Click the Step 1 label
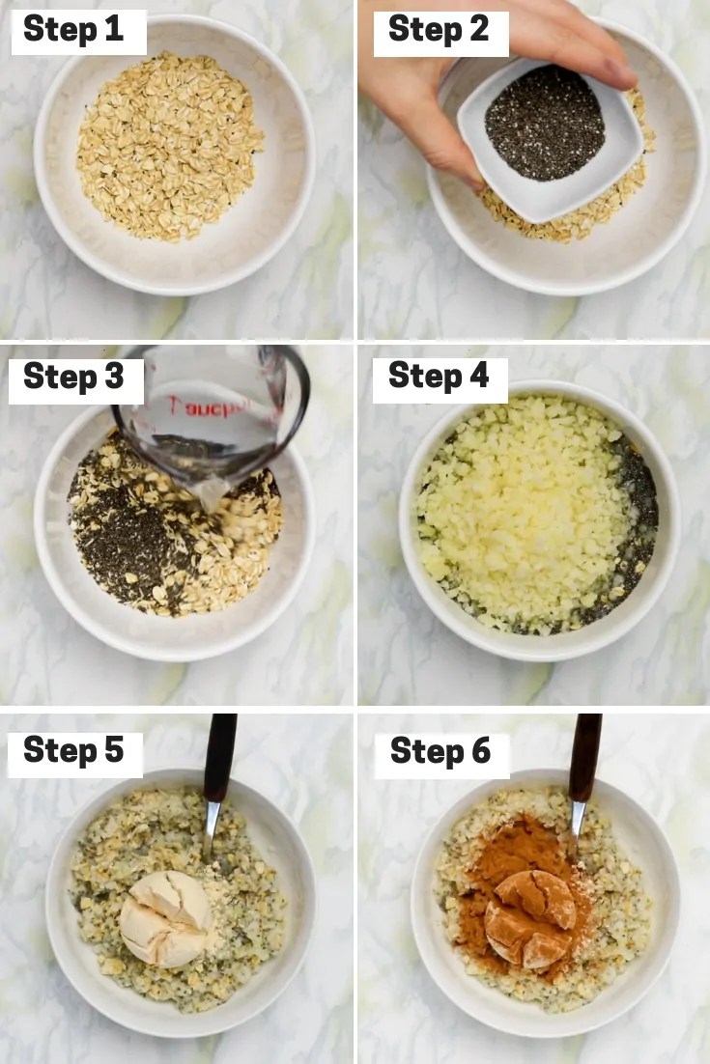pos(75,31)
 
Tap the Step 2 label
pos(440,31)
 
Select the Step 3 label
pos(75,377)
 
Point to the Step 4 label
pos(440,377)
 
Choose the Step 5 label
pos(75,751)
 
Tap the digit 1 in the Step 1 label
pos(114,31)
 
